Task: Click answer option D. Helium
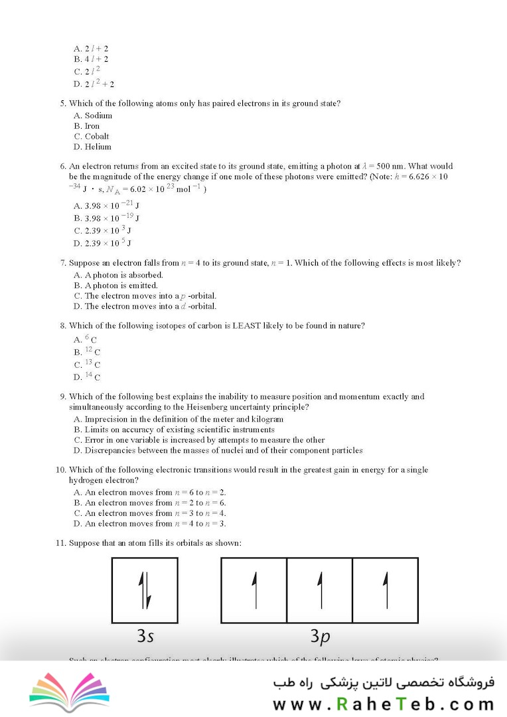93,147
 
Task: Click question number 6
63,166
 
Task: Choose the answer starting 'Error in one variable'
199,439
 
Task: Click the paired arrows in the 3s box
145,590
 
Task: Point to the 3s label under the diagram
145,636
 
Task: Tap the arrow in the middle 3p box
320,590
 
